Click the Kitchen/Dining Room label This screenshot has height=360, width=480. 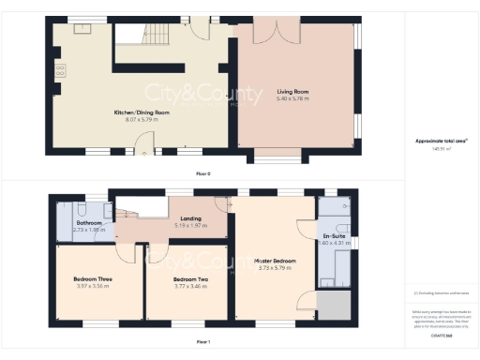click(142, 112)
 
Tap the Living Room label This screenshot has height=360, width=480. click(292, 92)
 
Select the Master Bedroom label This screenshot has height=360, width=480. click(277, 260)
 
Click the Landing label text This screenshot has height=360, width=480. click(190, 218)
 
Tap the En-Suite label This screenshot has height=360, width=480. click(334, 235)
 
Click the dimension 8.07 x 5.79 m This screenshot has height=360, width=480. click(142, 119)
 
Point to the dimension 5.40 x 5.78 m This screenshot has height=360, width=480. click(292, 98)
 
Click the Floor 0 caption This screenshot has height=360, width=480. click(202, 173)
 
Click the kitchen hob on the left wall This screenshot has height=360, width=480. click(62, 69)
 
